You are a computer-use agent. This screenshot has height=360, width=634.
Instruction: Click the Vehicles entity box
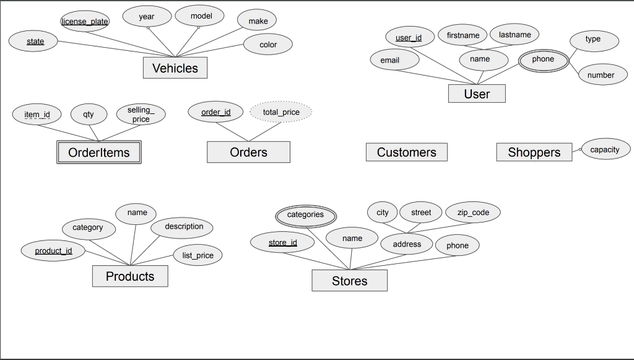[x=175, y=68]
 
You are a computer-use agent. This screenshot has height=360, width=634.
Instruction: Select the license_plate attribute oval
[x=85, y=22]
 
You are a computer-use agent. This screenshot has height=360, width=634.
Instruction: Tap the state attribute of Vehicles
[x=35, y=42]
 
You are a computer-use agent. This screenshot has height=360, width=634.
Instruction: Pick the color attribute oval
[x=267, y=45]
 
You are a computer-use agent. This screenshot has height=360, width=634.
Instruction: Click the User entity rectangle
[x=477, y=94]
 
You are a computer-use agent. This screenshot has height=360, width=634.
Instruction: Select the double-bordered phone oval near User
[x=543, y=59]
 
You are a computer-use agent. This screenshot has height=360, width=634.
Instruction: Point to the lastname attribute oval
[x=515, y=35]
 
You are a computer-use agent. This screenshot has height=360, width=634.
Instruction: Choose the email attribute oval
[x=390, y=60]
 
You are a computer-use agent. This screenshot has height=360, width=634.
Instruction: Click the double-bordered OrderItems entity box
[x=99, y=152]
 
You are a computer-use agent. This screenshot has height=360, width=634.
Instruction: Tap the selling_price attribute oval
[x=141, y=115]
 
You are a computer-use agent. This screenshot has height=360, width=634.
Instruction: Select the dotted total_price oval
[x=281, y=112]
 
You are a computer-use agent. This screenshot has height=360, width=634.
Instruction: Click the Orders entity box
[x=248, y=152]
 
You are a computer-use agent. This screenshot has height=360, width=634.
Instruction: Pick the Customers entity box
[x=406, y=152]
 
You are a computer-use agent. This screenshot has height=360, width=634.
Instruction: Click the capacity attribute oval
[x=605, y=149]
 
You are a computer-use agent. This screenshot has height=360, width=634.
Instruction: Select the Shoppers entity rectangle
[x=534, y=152]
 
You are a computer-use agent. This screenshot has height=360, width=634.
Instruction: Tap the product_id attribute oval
[x=53, y=251]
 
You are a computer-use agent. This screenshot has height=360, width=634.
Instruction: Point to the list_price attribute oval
[x=198, y=255]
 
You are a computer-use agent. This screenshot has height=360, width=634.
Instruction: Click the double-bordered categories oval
[x=305, y=215]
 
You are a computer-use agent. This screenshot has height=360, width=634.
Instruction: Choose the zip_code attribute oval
[x=473, y=213]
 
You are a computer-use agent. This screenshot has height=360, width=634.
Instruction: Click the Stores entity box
[x=349, y=281]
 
